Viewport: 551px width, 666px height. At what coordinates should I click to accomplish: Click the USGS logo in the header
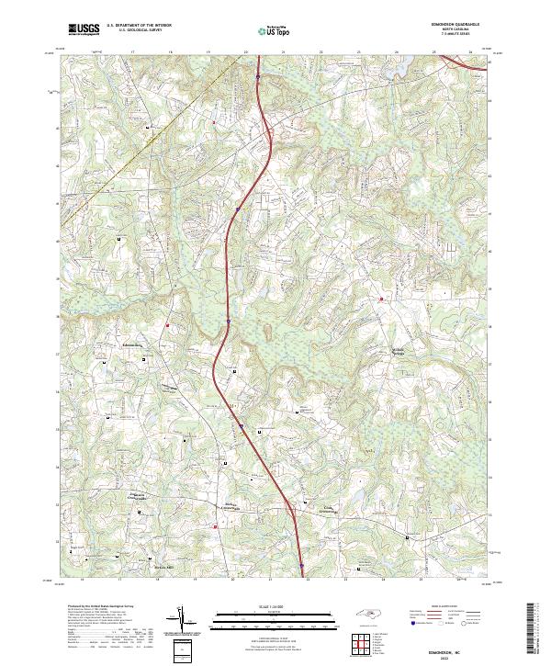[84, 29]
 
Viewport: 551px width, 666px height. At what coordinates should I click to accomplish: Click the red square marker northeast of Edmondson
[168, 324]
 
